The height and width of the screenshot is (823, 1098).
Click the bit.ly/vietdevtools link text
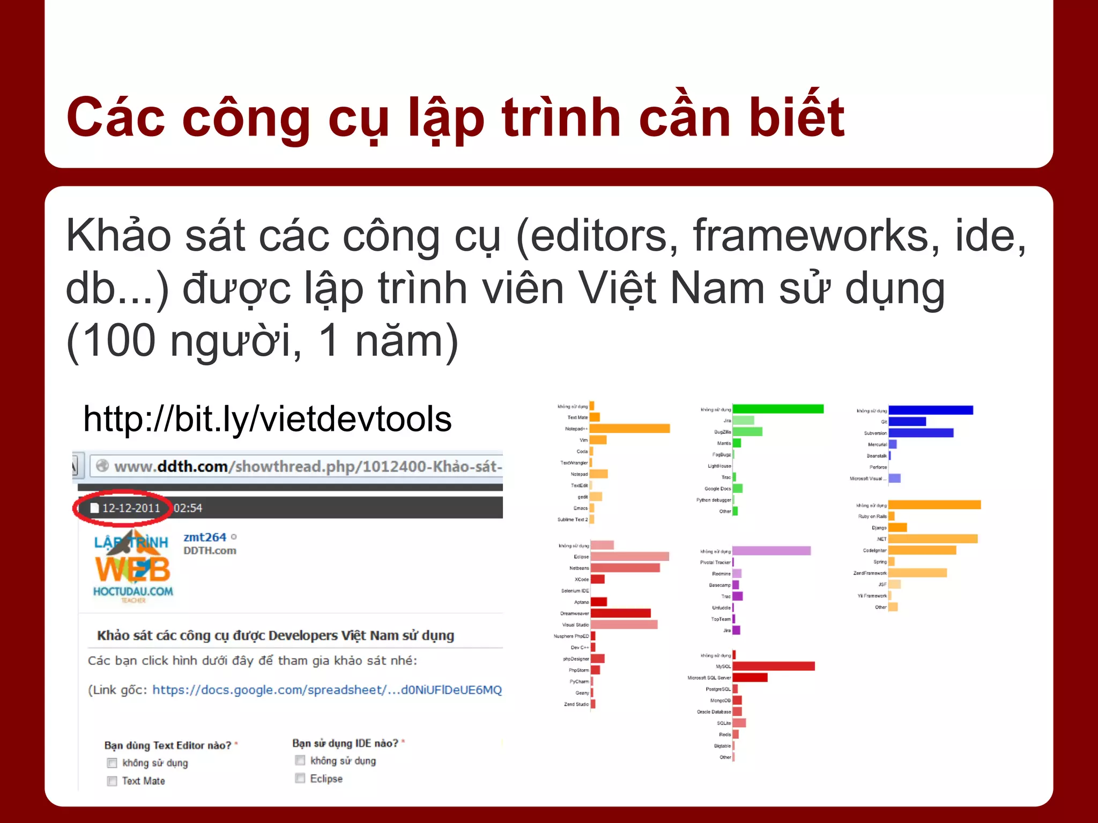(x=267, y=418)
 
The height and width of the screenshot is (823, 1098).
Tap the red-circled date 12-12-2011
(x=131, y=508)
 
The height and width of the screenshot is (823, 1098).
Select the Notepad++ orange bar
(x=629, y=429)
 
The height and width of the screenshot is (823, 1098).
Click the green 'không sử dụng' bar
(x=777, y=409)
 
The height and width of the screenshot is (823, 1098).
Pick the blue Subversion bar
(x=921, y=433)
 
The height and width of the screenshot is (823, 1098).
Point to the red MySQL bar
(x=773, y=666)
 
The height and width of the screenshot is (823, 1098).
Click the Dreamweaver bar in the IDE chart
(x=620, y=613)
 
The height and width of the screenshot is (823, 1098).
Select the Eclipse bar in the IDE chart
(x=629, y=557)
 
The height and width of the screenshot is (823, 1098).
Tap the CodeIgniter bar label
(x=874, y=550)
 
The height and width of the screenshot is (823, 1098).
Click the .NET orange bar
(x=933, y=538)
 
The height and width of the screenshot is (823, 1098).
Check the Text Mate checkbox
(x=112, y=781)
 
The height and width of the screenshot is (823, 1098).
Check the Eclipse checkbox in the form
(x=300, y=778)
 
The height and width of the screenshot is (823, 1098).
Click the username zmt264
(x=205, y=537)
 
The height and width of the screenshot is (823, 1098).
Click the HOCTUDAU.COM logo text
(x=133, y=591)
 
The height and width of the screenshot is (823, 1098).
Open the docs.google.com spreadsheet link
(x=327, y=690)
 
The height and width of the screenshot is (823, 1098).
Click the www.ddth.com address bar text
(x=307, y=466)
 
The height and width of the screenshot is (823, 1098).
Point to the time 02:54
(x=188, y=508)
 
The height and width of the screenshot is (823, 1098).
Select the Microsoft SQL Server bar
(x=750, y=677)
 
